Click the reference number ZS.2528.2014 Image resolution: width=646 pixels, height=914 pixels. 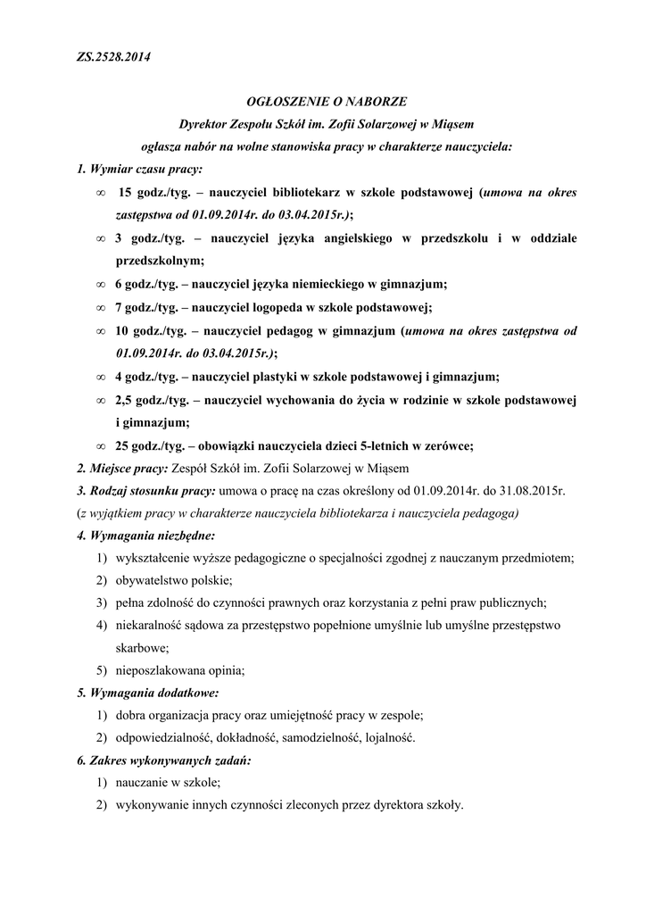[x=113, y=58]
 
